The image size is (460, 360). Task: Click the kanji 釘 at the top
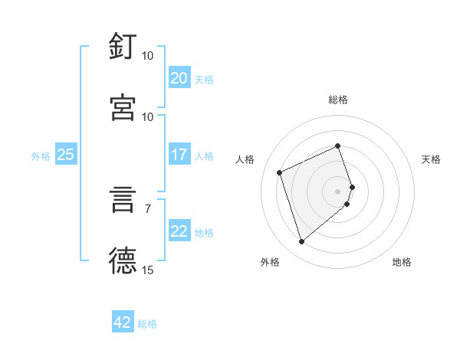tap(123, 47)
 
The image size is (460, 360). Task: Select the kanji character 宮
tap(123, 108)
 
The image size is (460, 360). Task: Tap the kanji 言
tap(123, 200)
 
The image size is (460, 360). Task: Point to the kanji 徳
tap(123, 261)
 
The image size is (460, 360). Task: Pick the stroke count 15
tap(147, 270)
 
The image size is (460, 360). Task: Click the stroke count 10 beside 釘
tap(147, 56)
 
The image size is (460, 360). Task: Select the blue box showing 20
tap(179, 78)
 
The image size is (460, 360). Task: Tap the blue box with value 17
tap(179, 155)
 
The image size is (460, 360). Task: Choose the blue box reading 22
tap(179, 231)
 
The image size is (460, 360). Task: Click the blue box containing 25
tap(65, 155)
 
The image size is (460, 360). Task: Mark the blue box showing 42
tap(123, 322)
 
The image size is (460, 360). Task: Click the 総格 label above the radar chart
tap(338, 100)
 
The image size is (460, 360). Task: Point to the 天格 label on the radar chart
tap(431, 159)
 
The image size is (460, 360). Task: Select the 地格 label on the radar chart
tap(402, 262)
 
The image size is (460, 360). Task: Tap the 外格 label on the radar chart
tap(270, 262)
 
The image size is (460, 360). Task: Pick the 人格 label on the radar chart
tap(245, 159)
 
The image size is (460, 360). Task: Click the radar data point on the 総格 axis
tap(337, 146)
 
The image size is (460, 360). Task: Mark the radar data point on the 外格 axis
tap(301, 242)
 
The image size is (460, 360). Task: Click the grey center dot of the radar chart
tap(338, 191)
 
